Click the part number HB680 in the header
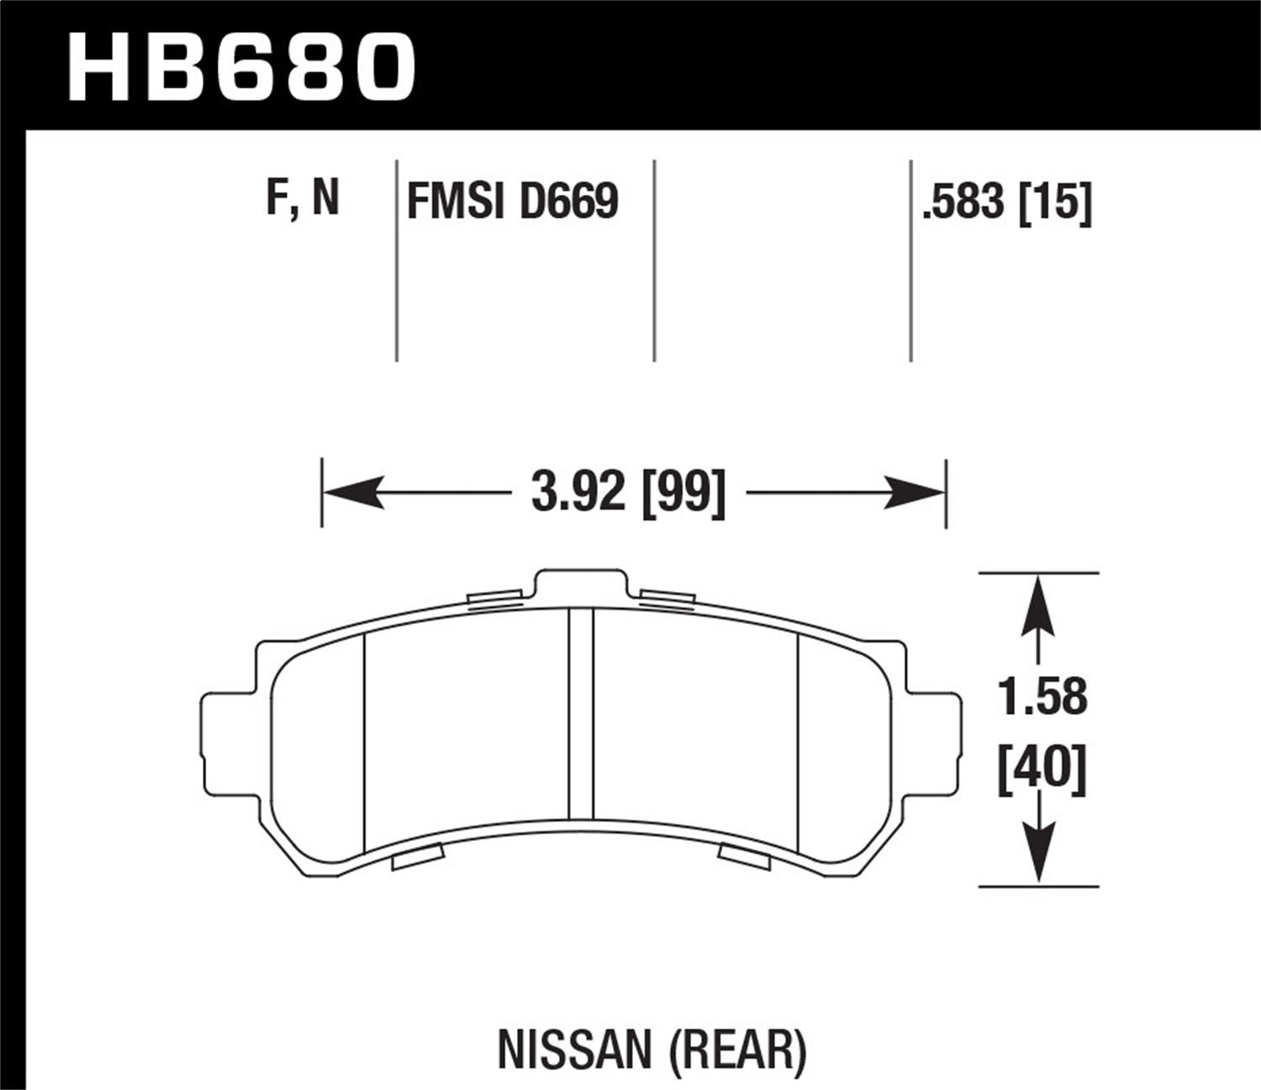click(241, 67)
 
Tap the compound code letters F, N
click(303, 199)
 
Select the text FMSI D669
click(512, 202)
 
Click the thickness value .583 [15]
click(1006, 204)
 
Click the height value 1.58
click(1042, 697)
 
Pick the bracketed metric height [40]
click(1042, 769)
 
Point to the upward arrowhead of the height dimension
click(1040, 602)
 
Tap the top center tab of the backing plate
click(581, 585)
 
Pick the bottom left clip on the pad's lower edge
click(418, 858)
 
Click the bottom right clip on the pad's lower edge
click(744, 855)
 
